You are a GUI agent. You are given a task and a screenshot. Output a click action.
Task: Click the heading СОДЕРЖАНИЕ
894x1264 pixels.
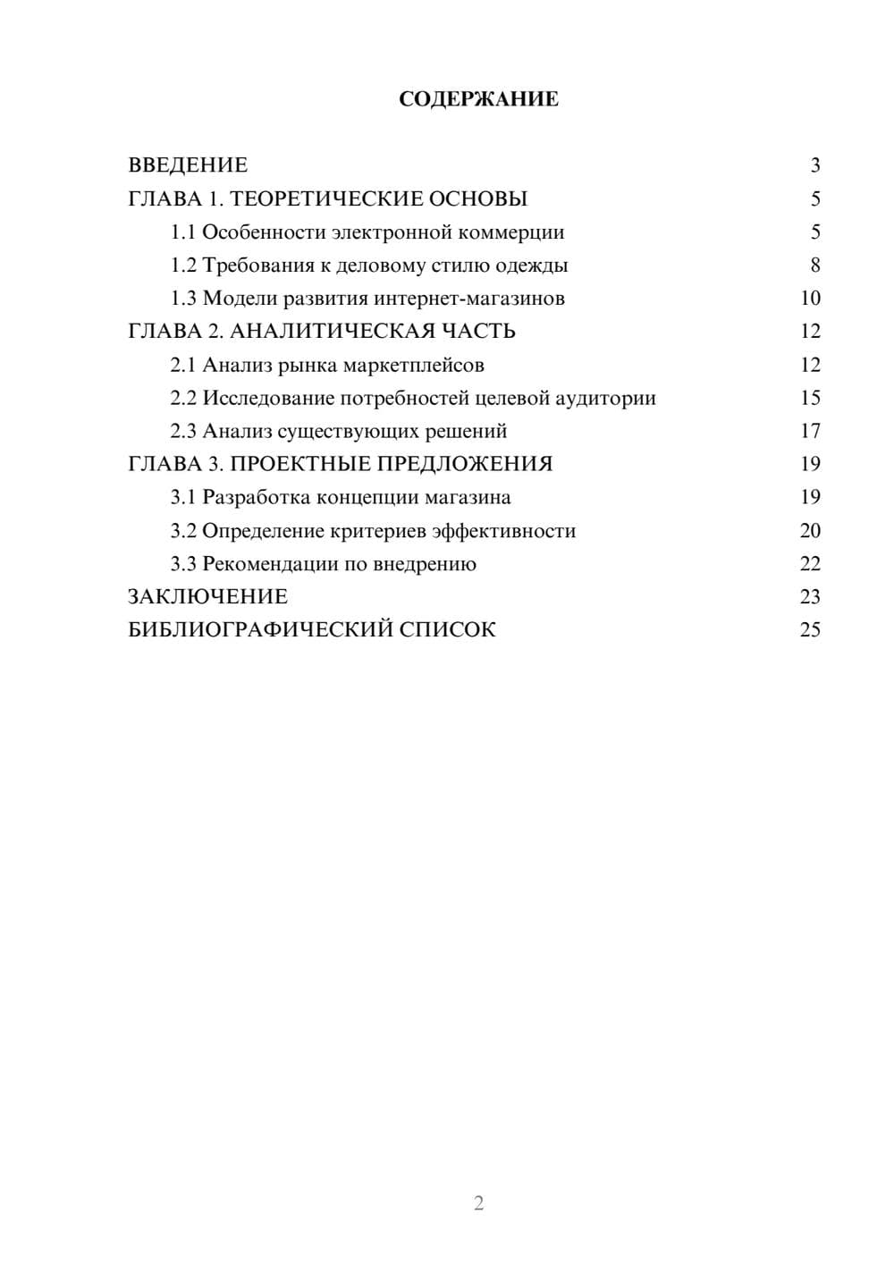tap(478, 99)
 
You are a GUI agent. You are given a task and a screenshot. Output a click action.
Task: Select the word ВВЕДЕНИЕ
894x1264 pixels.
tap(188, 165)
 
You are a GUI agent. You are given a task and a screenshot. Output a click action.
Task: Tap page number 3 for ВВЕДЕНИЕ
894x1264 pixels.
tap(814, 165)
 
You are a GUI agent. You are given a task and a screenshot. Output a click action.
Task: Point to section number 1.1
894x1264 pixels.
tap(183, 232)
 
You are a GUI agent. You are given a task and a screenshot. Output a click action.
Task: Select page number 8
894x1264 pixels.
tap(814, 265)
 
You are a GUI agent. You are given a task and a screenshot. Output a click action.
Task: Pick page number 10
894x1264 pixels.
tap(810, 299)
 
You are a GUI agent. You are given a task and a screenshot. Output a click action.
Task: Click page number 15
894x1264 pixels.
tap(810, 398)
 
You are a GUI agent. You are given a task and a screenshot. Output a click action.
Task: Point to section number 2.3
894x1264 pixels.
tap(183, 431)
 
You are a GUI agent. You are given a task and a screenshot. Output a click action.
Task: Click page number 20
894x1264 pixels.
tap(810, 531)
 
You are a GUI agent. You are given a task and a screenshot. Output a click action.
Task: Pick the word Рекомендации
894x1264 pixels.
tap(268, 564)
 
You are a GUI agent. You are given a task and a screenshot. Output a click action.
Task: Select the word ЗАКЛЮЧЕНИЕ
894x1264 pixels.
tap(207, 597)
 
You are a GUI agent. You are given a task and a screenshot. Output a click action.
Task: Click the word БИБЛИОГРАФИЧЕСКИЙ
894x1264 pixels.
tap(260, 630)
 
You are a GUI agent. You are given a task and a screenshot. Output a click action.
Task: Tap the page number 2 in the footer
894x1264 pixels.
tap(478, 1203)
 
